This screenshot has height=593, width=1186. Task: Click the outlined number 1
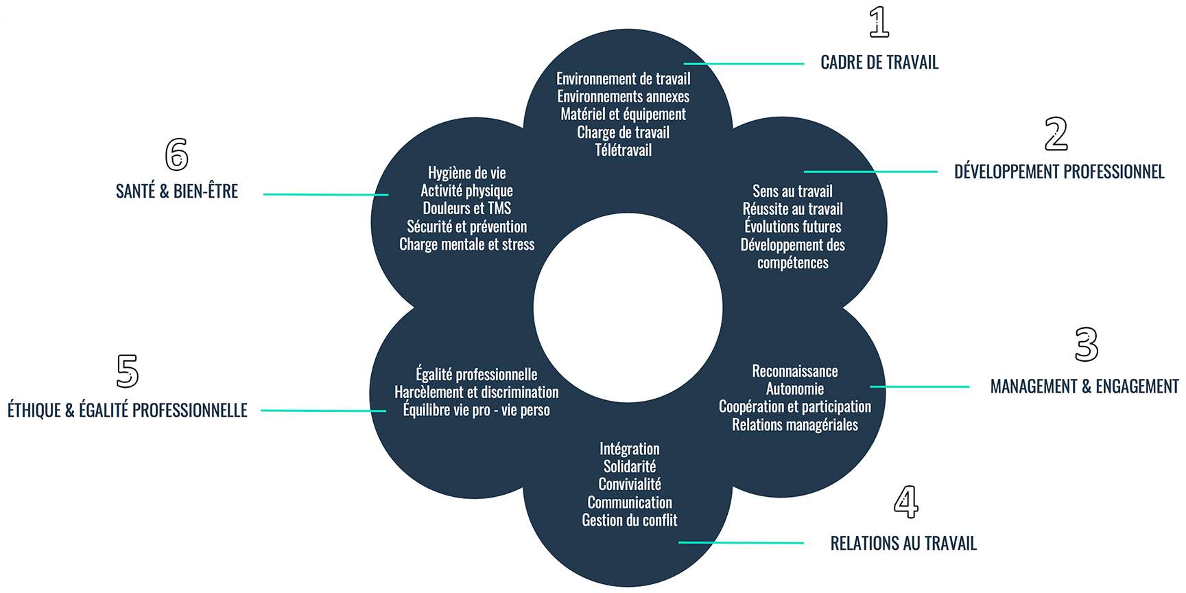tap(879, 22)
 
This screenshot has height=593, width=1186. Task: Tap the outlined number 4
tap(905, 502)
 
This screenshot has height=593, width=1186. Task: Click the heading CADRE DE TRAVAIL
tap(879, 62)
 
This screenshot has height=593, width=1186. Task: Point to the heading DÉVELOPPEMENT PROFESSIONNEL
tap(1059, 172)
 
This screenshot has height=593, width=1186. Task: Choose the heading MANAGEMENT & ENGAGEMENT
tap(1084, 386)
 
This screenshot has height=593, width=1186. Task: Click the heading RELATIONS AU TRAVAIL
tap(903, 544)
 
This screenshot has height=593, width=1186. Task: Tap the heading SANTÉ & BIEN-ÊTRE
tap(177, 191)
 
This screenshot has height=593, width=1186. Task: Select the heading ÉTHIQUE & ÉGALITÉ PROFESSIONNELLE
tap(128, 410)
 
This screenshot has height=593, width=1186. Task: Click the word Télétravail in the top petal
tap(623, 150)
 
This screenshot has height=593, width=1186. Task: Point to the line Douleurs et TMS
tap(466, 209)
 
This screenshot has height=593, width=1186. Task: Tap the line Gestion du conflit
tap(629, 520)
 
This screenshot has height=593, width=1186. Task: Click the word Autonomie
tap(794, 389)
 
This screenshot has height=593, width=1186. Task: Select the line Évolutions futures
tap(792, 227)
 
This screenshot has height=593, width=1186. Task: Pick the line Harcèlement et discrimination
tap(476, 393)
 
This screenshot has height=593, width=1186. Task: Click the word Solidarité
tap(629, 467)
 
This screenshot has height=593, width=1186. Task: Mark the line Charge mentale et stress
tap(466, 244)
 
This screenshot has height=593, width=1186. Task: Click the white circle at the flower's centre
tap(628, 308)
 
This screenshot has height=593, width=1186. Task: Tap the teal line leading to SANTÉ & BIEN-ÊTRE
tap(326, 195)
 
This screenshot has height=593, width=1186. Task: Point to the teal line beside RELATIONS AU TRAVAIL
tap(741, 543)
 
